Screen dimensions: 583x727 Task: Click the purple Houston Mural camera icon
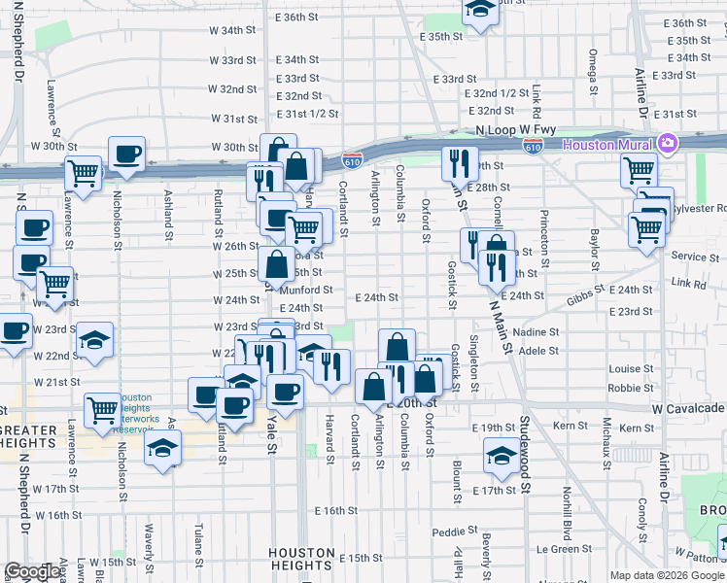point(667,145)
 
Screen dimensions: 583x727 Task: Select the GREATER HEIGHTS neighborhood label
point(36,430)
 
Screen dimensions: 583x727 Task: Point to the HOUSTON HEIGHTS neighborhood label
point(301,559)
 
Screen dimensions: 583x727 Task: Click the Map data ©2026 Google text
point(667,575)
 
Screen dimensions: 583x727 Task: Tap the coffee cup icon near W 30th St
point(126,154)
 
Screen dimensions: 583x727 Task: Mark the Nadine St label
point(540,332)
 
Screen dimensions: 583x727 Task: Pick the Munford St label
point(307,290)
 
